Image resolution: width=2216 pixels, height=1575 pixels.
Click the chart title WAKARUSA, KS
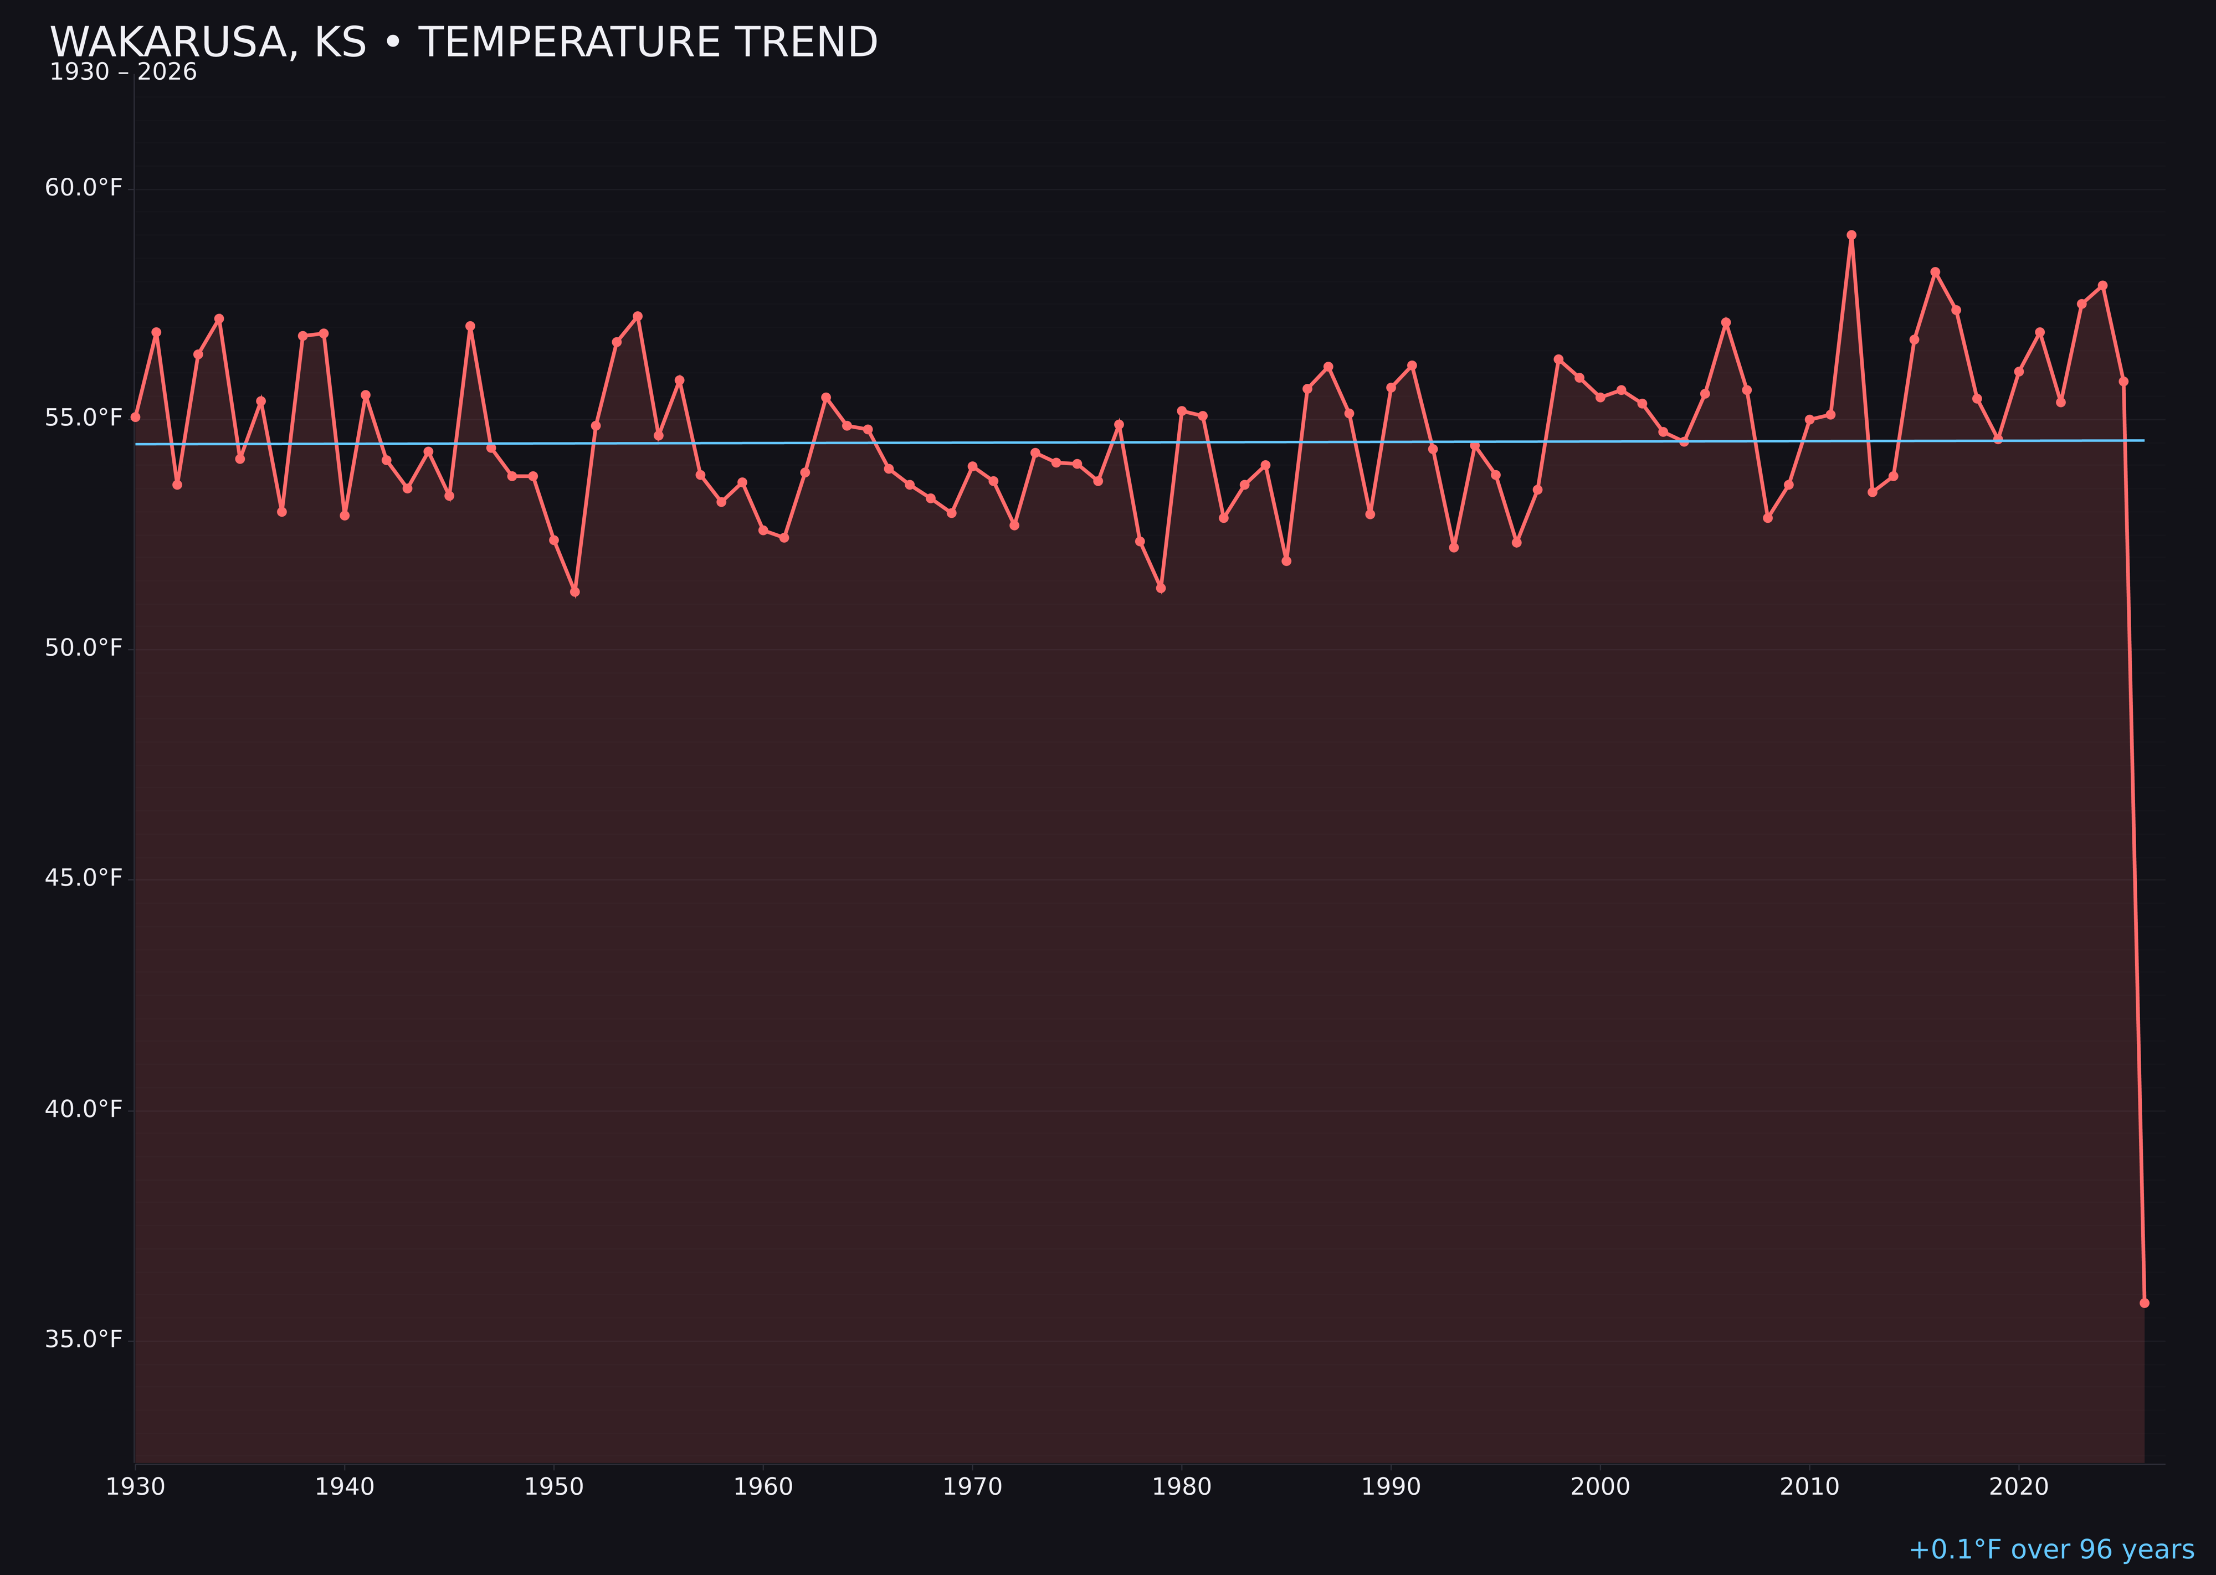pos(209,43)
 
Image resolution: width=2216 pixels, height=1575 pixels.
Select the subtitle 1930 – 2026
pos(123,73)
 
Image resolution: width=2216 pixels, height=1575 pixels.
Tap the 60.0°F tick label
pos(84,187)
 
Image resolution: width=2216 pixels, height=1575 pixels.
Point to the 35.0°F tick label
pos(84,1339)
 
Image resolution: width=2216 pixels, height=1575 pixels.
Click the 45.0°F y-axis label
pos(84,878)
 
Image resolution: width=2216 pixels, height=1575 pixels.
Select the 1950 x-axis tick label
pos(554,1487)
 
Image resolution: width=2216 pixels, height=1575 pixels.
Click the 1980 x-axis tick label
pos(1182,1487)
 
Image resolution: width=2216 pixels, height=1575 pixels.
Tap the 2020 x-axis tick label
pos(2019,1487)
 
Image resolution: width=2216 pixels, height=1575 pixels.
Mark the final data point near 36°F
pos(2144,1303)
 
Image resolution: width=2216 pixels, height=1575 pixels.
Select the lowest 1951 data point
pos(574,591)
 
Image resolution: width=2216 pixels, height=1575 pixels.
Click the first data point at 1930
pos(135,417)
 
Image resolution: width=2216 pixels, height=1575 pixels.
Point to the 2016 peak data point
pos(1935,272)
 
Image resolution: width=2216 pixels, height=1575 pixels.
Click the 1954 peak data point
pos(638,316)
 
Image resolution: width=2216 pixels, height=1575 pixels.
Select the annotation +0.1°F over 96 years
pos(2051,1550)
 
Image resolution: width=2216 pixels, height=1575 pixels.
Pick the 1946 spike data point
pos(470,327)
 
